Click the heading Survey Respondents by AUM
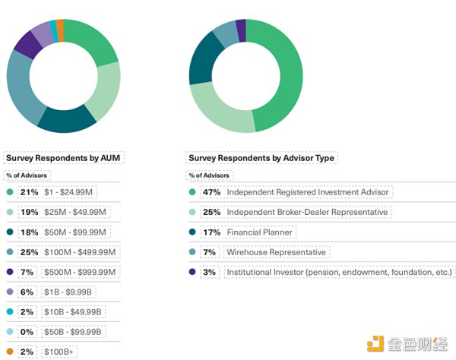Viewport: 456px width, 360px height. point(63,158)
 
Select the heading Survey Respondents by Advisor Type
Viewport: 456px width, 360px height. point(261,158)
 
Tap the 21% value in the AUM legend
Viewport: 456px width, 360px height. point(30,192)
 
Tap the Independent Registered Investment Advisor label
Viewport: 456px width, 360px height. point(307,192)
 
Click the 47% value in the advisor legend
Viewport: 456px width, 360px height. point(211,192)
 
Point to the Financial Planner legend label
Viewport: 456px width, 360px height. point(260,232)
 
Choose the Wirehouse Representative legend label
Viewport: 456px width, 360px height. point(276,251)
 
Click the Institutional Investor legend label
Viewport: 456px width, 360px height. point(339,271)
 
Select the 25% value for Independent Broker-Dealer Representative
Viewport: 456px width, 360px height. point(211,212)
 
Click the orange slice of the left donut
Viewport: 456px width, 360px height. point(60,28)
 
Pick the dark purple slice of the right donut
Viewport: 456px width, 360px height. point(241,30)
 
